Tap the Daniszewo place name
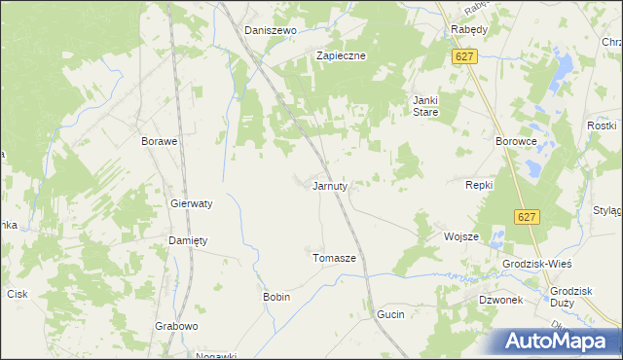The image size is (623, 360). [x=270, y=30]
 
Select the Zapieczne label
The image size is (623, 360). [x=340, y=55]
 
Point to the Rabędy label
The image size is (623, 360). [x=470, y=30]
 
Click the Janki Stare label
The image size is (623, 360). [x=425, y=106]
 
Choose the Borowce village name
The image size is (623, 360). [x=517, y=141]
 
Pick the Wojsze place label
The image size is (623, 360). [x=461, y=236]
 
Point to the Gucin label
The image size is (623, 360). [x=389, y=315]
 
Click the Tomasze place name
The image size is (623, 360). [x=334, y=258]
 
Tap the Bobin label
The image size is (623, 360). [x=276, y=296]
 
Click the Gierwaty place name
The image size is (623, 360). [x=192, y=204]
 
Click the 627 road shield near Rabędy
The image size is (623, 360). [x=464, y=57]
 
